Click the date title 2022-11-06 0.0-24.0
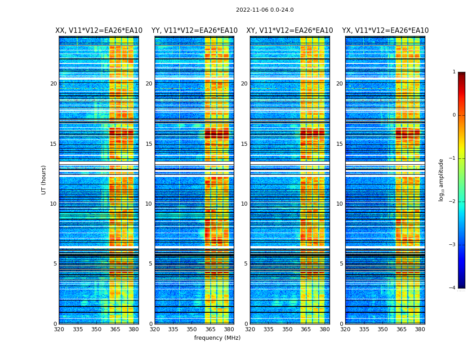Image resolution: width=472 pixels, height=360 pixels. coord(265,10)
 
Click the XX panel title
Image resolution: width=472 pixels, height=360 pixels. coord(99,31)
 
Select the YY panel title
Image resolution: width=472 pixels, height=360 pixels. coord(194,31)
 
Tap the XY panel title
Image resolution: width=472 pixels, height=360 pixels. coord(289,31)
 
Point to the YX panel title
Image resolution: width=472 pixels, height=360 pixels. coord(385,31)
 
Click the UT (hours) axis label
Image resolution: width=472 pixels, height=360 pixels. coord(44,180)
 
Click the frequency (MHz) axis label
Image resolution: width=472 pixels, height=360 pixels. coord(217,338)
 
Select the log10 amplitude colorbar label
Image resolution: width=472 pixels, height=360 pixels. coord(441,180)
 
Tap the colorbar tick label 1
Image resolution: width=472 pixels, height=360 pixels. coord(454,72)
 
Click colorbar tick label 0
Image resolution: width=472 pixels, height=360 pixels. coord(454,115)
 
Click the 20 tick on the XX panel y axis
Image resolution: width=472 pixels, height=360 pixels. coord(53,84)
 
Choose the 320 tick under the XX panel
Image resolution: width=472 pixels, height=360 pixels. coord(59,329)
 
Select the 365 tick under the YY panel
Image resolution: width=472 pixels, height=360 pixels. coord(210,329)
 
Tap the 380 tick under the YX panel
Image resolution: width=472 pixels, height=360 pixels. coord(420,329)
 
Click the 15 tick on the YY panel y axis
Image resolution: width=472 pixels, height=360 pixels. coord(149,144)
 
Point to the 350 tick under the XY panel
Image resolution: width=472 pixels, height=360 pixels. coord(287,329)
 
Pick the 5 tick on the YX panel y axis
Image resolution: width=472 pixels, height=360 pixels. coord(341,264)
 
